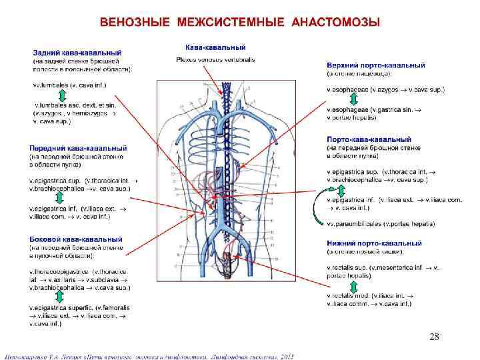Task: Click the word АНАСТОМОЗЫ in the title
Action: [x=337, y=23]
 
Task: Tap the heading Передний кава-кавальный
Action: [x=78, y=148]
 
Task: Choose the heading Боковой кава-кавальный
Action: [x=75, y=239]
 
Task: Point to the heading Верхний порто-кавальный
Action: [x=376, y=65]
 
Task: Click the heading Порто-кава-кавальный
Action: [x=371, y=139]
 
